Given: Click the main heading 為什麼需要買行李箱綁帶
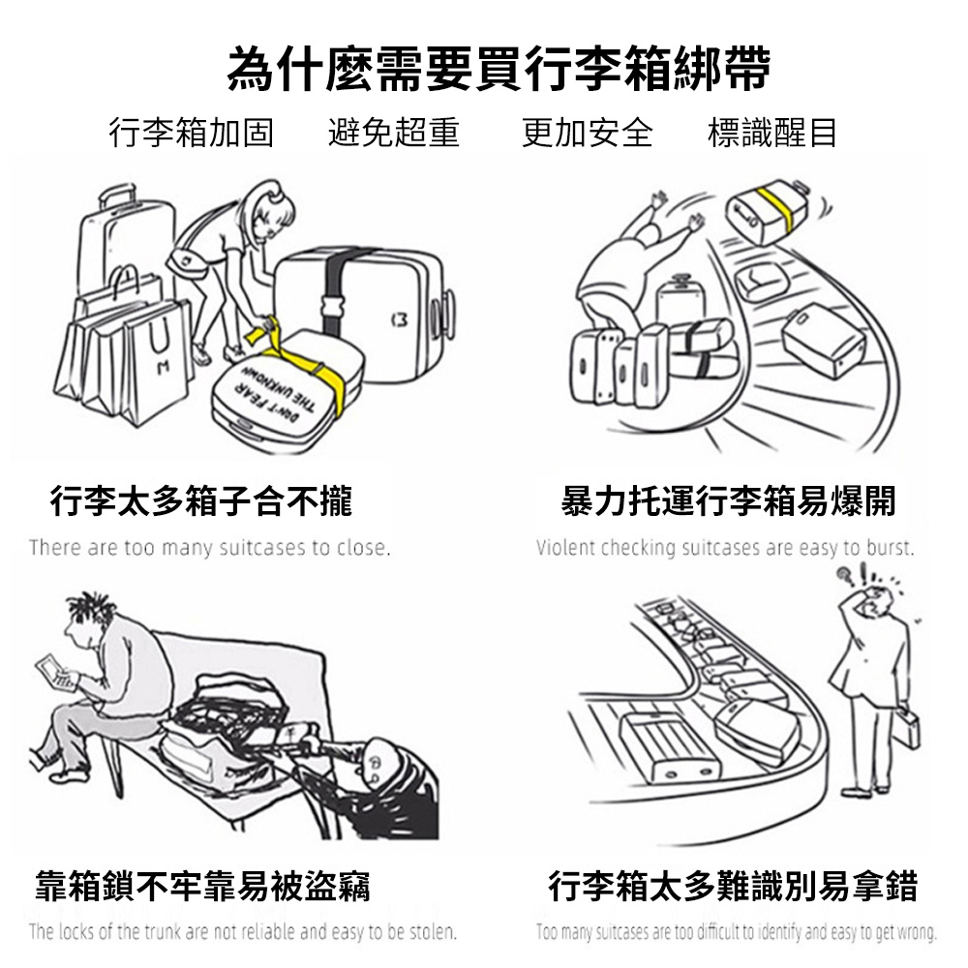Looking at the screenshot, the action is pyautogui.click(x=499, y=69).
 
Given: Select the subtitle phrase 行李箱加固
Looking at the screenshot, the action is pyautogui.click(x=192, y=133).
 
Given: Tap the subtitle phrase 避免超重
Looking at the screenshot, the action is pyautogui.click(x=394, y=133).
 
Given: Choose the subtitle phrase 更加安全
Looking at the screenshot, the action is pyautogui.click(x=588, y=133).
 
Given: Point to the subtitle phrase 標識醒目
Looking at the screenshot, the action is pyautogui.click(x=771, y=133).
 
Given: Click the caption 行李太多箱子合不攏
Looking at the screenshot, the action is pyautogui.click(x=200, y=500).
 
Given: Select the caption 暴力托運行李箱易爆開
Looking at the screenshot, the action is pyautogui.click(x=729, y=500).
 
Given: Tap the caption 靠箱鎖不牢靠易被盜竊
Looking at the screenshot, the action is pyautogui.click(x=202, y=887).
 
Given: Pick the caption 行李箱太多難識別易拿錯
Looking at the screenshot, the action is pyautogui.click(x=733, y=887).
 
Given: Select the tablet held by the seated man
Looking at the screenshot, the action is pyautogui.click(x=57, y=674).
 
